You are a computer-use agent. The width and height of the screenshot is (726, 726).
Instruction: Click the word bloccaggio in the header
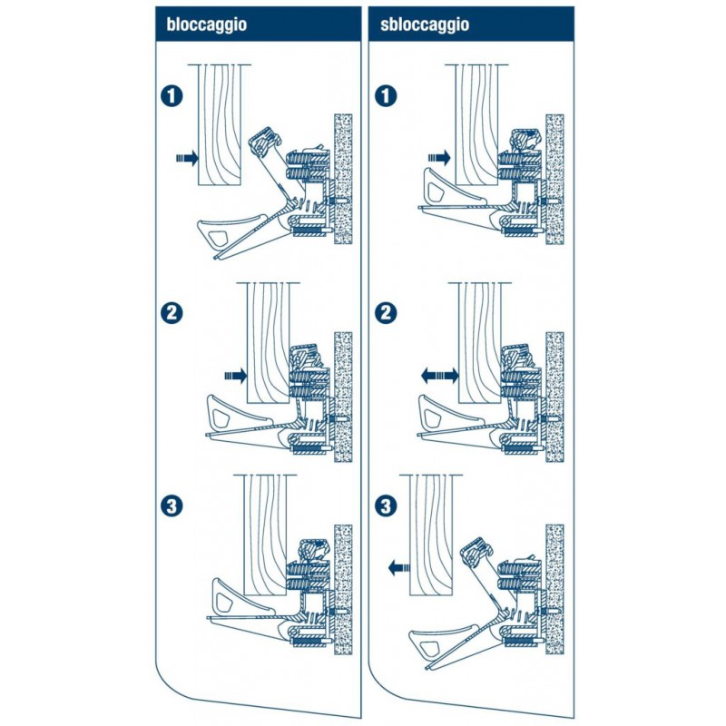[207, 25]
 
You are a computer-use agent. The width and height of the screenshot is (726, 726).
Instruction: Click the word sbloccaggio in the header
[425, 25]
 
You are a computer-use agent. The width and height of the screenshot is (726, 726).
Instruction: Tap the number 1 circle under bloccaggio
[172, 96]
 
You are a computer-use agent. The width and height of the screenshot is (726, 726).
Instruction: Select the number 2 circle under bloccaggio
[172, 313]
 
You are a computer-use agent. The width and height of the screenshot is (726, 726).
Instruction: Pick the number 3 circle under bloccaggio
[172, 506]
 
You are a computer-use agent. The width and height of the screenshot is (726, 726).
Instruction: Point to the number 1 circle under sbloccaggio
[387, 96]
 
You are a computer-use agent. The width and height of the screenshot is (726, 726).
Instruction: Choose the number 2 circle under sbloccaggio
[387, 313]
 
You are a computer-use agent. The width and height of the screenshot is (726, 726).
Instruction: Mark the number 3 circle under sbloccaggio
[387, 506]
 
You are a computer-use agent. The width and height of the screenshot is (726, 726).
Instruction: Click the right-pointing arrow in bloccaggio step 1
[187, 158]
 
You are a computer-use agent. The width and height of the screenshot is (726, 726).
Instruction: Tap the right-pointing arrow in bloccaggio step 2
[236, 376]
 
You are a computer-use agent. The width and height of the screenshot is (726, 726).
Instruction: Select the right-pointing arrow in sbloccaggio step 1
[439, 158]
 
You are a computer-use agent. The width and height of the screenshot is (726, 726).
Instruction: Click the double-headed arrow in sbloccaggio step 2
[439, 376]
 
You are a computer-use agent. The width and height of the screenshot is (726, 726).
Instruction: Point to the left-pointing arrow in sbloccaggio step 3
[398, 566]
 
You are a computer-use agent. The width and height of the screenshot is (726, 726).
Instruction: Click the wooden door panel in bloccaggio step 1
[220, 125]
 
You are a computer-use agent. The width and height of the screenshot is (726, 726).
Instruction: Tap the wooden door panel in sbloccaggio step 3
[431, 535]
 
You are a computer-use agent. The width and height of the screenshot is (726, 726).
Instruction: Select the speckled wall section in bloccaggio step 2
[343, 397]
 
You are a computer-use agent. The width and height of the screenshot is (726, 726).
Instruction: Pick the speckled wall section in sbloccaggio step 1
[554, 179]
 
